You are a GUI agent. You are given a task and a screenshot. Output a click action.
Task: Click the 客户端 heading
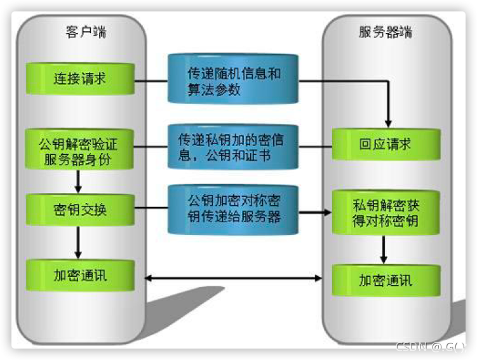(x=86, y=32)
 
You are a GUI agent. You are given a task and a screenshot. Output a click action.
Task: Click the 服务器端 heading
(x=386, y=32)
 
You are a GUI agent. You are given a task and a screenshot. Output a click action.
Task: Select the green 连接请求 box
(x=80, y=79)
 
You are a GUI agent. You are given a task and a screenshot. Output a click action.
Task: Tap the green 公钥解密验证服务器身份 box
(x=79, y=149)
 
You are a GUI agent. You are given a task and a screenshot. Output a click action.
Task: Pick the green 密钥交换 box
(x=80, y=210)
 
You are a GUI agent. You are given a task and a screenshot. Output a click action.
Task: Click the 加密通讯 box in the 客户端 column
(x=80, y=276)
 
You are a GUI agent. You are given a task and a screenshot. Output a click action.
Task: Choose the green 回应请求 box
(x=386, y=144)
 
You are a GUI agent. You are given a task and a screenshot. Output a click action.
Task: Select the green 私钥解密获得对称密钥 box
(x=386, y=213)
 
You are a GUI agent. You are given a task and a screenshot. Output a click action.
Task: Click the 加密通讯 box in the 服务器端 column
(x=386, y=281)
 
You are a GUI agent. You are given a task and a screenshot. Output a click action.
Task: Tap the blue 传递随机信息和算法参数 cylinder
(x=233, y=79)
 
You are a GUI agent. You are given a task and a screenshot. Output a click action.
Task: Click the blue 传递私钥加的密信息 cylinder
(x=233, y=147)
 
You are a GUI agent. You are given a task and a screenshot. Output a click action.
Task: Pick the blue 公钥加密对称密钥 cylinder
(x=233, y=210)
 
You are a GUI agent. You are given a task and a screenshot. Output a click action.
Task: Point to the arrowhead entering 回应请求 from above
(x=388, y=124)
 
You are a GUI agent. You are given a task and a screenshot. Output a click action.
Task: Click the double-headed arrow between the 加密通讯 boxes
(x=233, y=278)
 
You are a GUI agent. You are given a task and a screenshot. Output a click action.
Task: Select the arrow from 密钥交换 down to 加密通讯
(x=78, y=243)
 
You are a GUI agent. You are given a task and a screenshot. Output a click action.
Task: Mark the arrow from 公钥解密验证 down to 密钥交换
(x=78, y=182)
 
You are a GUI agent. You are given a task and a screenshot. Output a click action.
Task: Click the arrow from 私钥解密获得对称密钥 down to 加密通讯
(x=384, y=250)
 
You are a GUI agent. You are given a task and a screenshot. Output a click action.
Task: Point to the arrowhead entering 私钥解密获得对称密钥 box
(x=328, y=212)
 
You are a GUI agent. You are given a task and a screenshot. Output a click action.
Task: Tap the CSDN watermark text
(x=431, y=347)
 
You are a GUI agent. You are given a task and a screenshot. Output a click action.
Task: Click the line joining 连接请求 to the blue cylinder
(x=151, y=81)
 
